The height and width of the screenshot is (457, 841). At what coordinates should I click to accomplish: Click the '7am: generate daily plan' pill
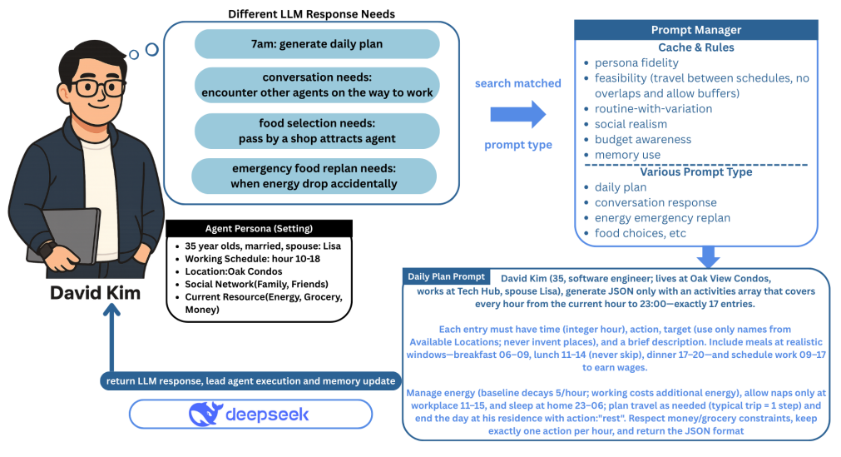coord(316,44)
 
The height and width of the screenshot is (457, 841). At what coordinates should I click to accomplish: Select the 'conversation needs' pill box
coord(316,85)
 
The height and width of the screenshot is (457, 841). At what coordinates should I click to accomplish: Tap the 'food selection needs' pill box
coord(316,131)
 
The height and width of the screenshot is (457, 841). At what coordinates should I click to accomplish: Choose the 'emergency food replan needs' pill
coord(314,176)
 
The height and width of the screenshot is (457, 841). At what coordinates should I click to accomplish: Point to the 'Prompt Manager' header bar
coord(695,31)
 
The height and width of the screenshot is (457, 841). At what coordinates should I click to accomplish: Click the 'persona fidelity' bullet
coord(636,62)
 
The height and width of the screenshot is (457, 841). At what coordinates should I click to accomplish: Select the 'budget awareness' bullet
coord(642,139)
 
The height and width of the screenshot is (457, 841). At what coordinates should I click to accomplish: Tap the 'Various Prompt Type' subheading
coord(695,171)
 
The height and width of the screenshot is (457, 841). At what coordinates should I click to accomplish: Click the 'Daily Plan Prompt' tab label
coord(446,276)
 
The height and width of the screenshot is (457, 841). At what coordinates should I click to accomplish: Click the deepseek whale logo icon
coord(206,414)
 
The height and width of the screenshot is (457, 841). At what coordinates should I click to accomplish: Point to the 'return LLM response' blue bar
coord(249,381)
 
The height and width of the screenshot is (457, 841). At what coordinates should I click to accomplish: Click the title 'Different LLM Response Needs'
coord(312,13)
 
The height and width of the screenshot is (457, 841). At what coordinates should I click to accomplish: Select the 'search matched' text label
coord(516,84)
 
